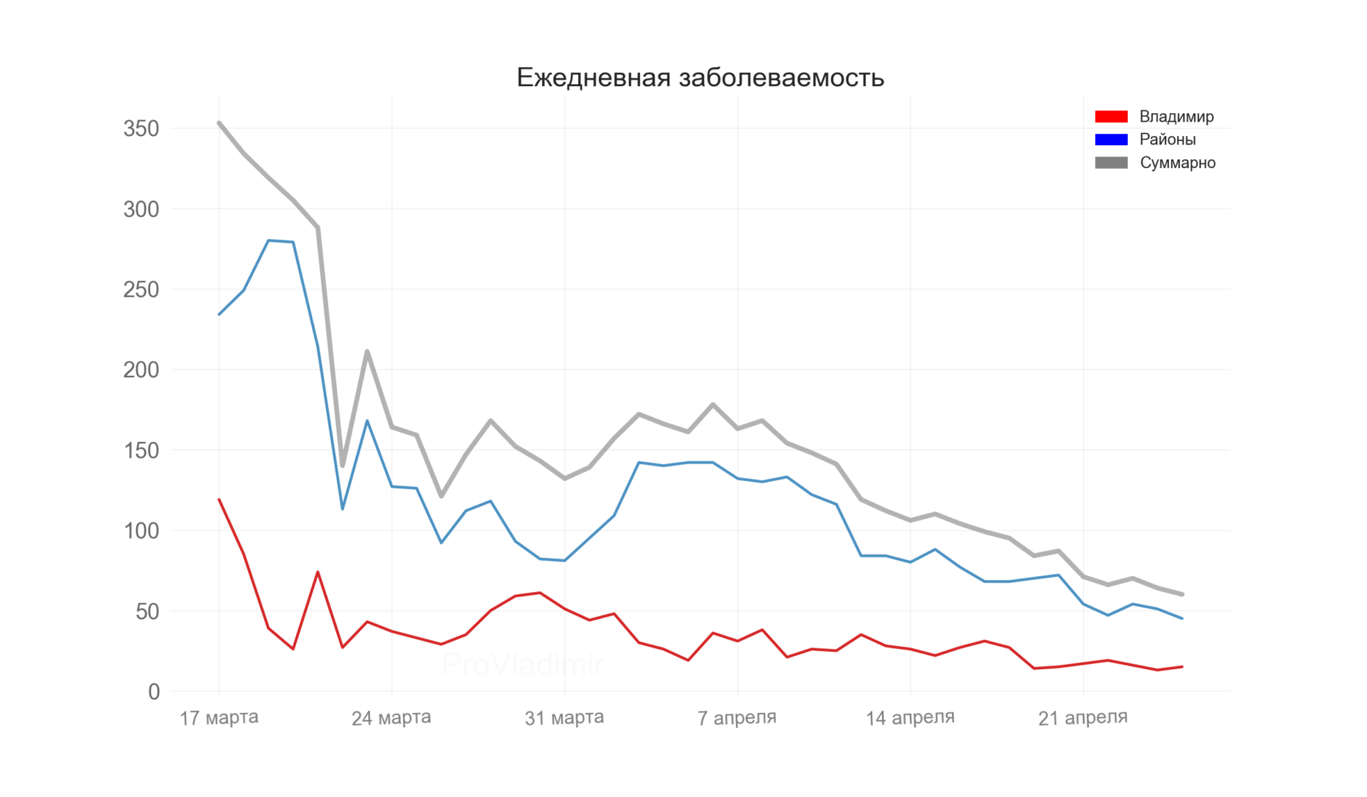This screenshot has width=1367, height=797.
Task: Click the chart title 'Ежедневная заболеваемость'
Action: coord(700,78)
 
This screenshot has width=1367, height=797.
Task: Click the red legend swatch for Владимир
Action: coord(1111,117)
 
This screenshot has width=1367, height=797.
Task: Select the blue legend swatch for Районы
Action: coord(1111,139)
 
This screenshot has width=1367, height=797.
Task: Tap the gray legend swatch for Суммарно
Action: coord(1111,163)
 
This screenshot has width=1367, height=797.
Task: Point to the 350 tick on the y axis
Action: coord(141,129)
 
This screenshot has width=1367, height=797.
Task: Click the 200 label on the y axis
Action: coord(141,370)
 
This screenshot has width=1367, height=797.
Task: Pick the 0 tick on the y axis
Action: coord(154,692)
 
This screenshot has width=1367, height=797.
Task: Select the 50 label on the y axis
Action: coord(147,611)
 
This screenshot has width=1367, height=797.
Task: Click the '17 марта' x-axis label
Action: coord(219,718)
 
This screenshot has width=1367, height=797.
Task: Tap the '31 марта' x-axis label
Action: coord(564,718)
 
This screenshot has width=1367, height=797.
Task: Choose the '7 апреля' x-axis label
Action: coord(737,718)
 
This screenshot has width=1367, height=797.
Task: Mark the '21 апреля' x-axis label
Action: coord(1082,718)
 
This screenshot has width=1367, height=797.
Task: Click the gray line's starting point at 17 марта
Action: coord(219,123)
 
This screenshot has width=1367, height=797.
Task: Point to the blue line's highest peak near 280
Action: coord(268,241)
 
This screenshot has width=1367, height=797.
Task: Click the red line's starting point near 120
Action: coord(219,500)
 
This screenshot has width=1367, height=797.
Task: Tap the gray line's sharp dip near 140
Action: coord(342,466)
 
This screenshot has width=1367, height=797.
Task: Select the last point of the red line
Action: coord(1182,667)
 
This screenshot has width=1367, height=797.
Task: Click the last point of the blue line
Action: coord(1182,618)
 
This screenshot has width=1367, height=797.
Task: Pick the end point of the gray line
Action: coord(1182,594)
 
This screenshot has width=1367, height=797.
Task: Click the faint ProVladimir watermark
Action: coord(523,665)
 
